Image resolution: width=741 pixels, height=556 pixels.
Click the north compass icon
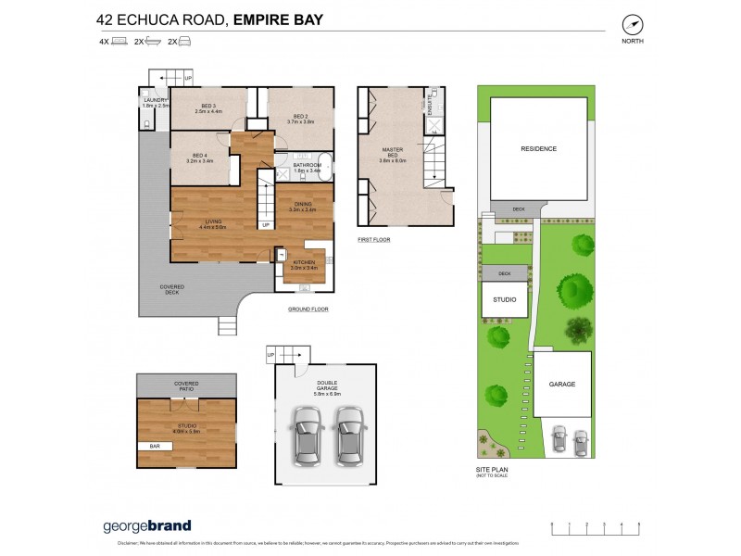pos(634,25)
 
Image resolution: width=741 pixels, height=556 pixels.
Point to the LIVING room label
pos(213,222)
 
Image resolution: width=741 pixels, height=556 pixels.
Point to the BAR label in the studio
pos(147,446)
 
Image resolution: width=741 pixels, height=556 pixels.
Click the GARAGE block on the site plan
pos(561,384)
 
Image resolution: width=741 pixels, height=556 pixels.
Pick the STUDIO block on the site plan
pos(504,300)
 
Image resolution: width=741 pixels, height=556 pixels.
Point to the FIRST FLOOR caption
pos(374,240)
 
